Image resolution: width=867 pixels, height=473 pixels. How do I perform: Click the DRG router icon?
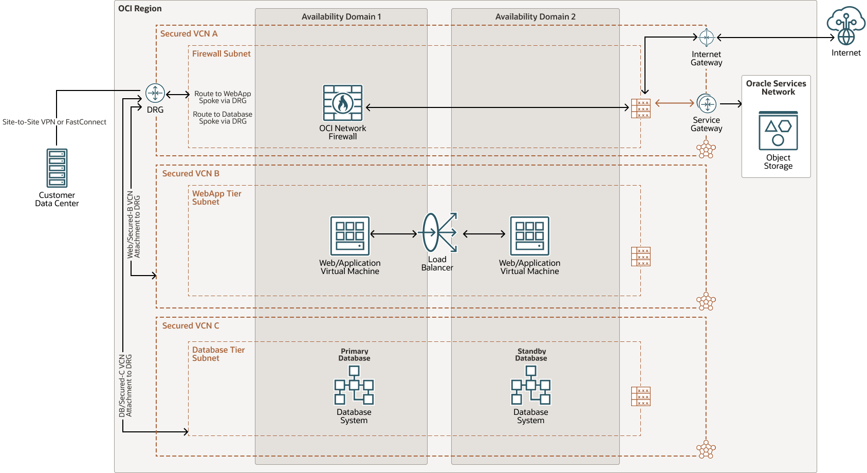point(155,93)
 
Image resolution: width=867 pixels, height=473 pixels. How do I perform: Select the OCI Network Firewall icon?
point(343,103)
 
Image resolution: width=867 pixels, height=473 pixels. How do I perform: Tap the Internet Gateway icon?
point(707,38)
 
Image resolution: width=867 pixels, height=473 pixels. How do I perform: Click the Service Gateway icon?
point(707,104)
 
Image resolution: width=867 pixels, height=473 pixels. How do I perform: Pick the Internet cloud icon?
point(846,26)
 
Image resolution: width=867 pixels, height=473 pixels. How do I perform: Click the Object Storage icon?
point(778,131)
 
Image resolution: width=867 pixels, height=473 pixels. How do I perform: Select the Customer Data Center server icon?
point(57,168)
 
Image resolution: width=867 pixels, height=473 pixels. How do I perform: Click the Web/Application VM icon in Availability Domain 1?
point(350,235)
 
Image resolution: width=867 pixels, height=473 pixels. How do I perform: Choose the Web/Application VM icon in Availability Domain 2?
point(530,235)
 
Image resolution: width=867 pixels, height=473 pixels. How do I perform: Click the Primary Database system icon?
point(354,385)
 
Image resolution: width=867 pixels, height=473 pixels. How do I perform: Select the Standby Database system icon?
point(531,385)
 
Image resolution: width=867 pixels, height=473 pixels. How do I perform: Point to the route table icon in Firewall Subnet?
point(641,108)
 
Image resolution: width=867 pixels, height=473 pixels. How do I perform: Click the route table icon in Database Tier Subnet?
point(641,396)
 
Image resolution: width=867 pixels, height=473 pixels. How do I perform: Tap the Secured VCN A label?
point(189,34)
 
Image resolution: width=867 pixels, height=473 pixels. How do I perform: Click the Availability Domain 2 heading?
point(535,17)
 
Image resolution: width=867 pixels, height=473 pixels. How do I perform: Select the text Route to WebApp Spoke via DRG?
point(223,97)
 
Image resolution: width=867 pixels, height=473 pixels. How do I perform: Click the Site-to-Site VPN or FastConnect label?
point(54,122)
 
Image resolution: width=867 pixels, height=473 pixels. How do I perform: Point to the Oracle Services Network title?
point(776,88)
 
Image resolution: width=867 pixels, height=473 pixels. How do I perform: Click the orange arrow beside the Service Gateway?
point(674,103)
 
